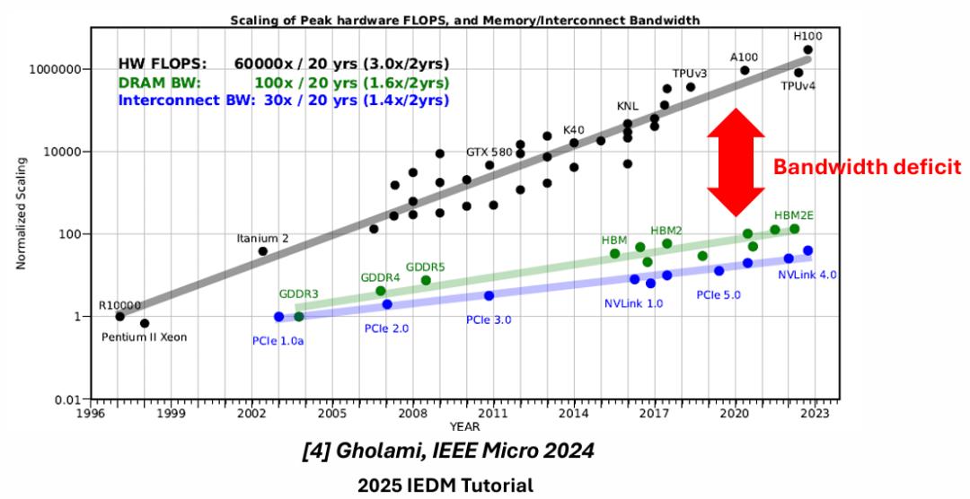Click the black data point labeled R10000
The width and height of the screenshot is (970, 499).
tap(119, 316)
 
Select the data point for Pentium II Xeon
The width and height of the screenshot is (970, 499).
tap(145, 323)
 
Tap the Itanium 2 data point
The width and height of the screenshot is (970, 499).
tap(263, 251)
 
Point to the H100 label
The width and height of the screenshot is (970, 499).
tap(807, 36)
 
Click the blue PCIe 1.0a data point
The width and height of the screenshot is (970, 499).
tap(278, 317)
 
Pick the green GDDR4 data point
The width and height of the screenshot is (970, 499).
tap(381, 291)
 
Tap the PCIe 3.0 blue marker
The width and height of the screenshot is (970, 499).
tap(489, 295)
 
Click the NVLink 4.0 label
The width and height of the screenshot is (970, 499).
tap(807, 275)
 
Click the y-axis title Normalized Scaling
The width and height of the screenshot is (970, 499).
tap(20, 213)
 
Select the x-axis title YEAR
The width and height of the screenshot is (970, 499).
tap(464, 425)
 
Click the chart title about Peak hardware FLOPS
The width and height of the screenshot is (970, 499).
tap(463, 19)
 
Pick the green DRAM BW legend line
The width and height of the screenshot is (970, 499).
tap(284, 83)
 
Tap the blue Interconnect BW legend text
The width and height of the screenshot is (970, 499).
tap(284, 100)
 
